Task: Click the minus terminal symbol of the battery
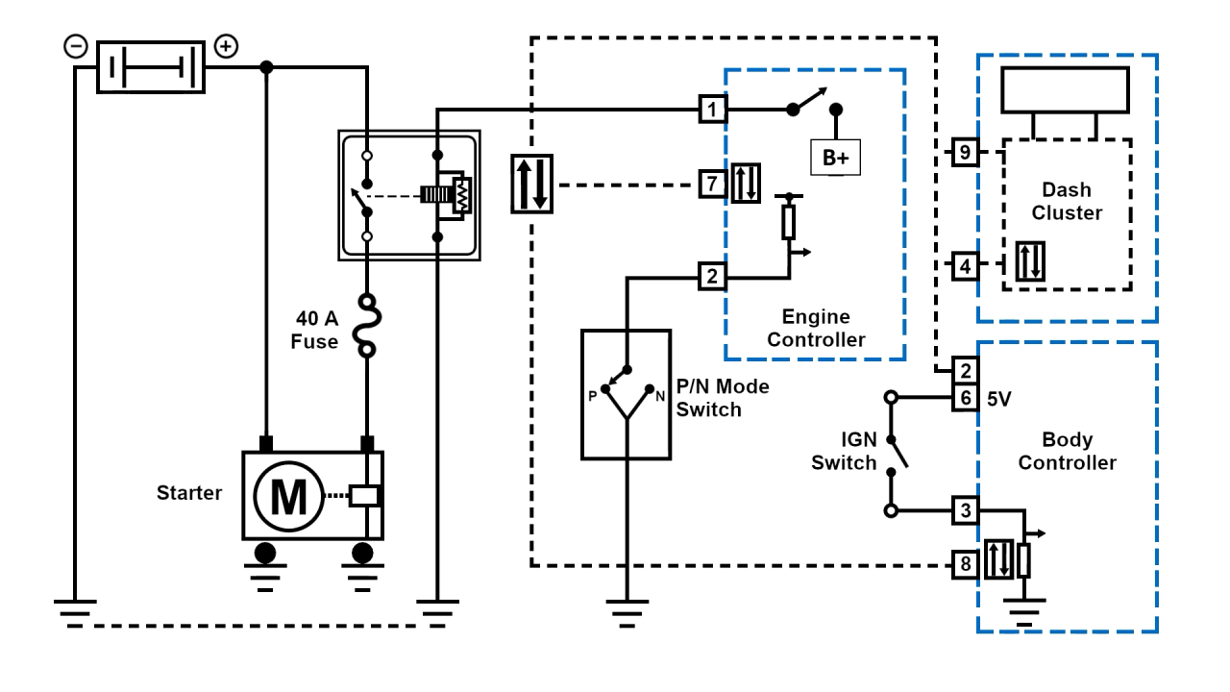(75, 46)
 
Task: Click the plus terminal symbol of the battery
(226, 46)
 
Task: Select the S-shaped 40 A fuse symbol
(366, 326)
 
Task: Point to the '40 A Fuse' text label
(315, 329)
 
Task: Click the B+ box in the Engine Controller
(835, 159)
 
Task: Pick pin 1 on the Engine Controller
(711, 110)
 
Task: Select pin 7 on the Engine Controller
(711, 183)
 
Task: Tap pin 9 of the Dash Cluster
(965, 152)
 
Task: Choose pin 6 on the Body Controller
(965, 396)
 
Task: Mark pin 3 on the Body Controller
(965, 510)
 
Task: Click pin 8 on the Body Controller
(965, 564)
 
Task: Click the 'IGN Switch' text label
(844, 451)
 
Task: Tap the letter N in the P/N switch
(660, 395)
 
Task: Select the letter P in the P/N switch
(593, 395)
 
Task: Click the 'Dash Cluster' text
(1067, 201)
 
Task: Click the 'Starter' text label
(189, 493)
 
